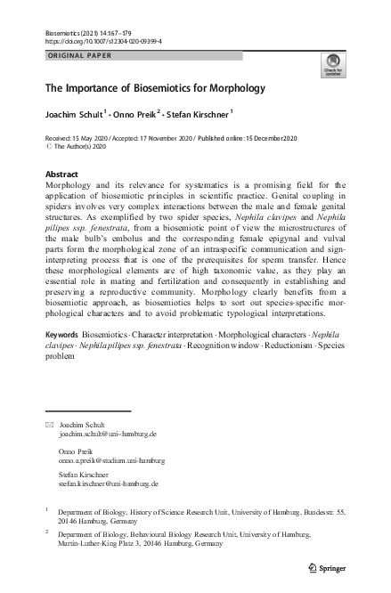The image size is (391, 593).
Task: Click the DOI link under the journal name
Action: pyautogui.click(x=102, y=41)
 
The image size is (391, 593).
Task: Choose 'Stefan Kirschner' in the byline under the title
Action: pyautogui.click(x=198, y=114)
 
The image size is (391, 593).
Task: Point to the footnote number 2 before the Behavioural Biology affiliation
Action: pyautogui.click(x=46, y=532)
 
